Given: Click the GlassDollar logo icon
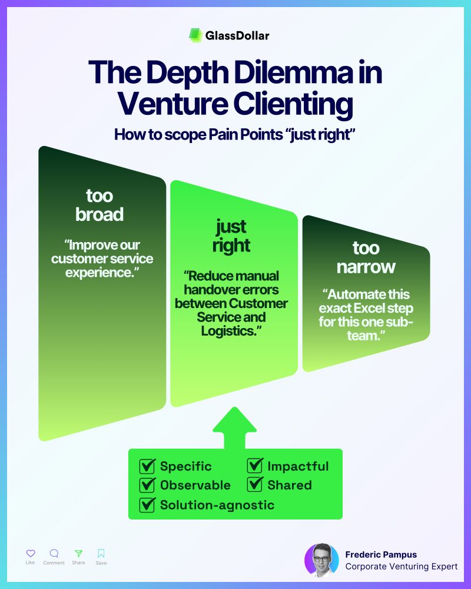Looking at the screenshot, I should tap(195, 35).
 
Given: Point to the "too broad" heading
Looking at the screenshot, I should tap(99, 204).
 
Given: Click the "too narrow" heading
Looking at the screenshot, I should tap(366, 257).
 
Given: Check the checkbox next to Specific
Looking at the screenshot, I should tap(147, 467).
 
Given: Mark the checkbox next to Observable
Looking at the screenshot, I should tap(147, 485).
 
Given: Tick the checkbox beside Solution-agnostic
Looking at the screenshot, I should tap(147, 505).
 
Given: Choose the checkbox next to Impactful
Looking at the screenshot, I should tap(255, 467).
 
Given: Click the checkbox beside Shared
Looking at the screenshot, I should tap(255, 485).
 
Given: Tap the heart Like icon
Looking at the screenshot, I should tap(31, 553).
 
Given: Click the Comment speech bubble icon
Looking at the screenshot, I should tap(54, 553).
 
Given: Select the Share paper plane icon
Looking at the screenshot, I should tap(78, 553).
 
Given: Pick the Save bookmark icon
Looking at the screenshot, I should tap(101, 553).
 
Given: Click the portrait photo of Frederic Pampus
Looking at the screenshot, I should tap(321, 560).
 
